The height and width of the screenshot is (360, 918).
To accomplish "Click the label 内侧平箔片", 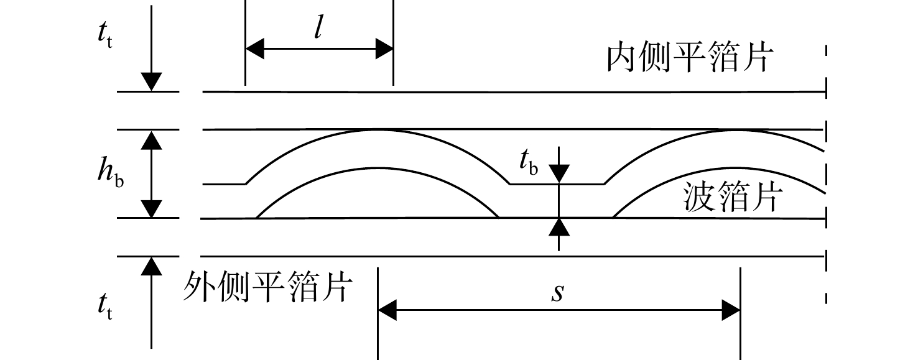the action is [690, 57].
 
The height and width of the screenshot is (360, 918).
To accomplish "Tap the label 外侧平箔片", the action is [267, 287].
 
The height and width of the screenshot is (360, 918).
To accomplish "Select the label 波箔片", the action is [733, 197].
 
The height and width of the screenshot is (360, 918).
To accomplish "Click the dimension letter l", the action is [318, 27].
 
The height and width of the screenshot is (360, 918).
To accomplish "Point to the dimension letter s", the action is [557, 292].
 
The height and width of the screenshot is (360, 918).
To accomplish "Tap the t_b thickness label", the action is [529, 162].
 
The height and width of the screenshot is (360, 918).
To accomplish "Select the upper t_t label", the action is [105, 34].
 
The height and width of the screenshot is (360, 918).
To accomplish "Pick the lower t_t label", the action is [105, 305].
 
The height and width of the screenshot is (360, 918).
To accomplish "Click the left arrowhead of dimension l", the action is [254, 48].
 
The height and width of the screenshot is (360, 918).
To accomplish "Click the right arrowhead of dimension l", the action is [384, 48].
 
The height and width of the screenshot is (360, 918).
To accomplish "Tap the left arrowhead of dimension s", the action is [387, 310].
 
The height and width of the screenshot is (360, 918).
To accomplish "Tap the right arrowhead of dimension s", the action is [731, 310].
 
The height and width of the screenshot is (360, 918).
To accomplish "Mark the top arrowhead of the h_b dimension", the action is [152, 140].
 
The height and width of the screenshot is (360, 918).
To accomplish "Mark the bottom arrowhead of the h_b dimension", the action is [152, 208].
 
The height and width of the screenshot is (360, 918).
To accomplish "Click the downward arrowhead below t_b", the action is [559, 173].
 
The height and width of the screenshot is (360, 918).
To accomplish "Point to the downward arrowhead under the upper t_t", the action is [152, 81].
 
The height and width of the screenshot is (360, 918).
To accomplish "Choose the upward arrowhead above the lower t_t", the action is [152, 266].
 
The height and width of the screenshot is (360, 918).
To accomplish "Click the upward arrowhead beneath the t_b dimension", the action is [559, 228].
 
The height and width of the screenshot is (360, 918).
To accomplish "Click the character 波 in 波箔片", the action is [699, 197].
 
